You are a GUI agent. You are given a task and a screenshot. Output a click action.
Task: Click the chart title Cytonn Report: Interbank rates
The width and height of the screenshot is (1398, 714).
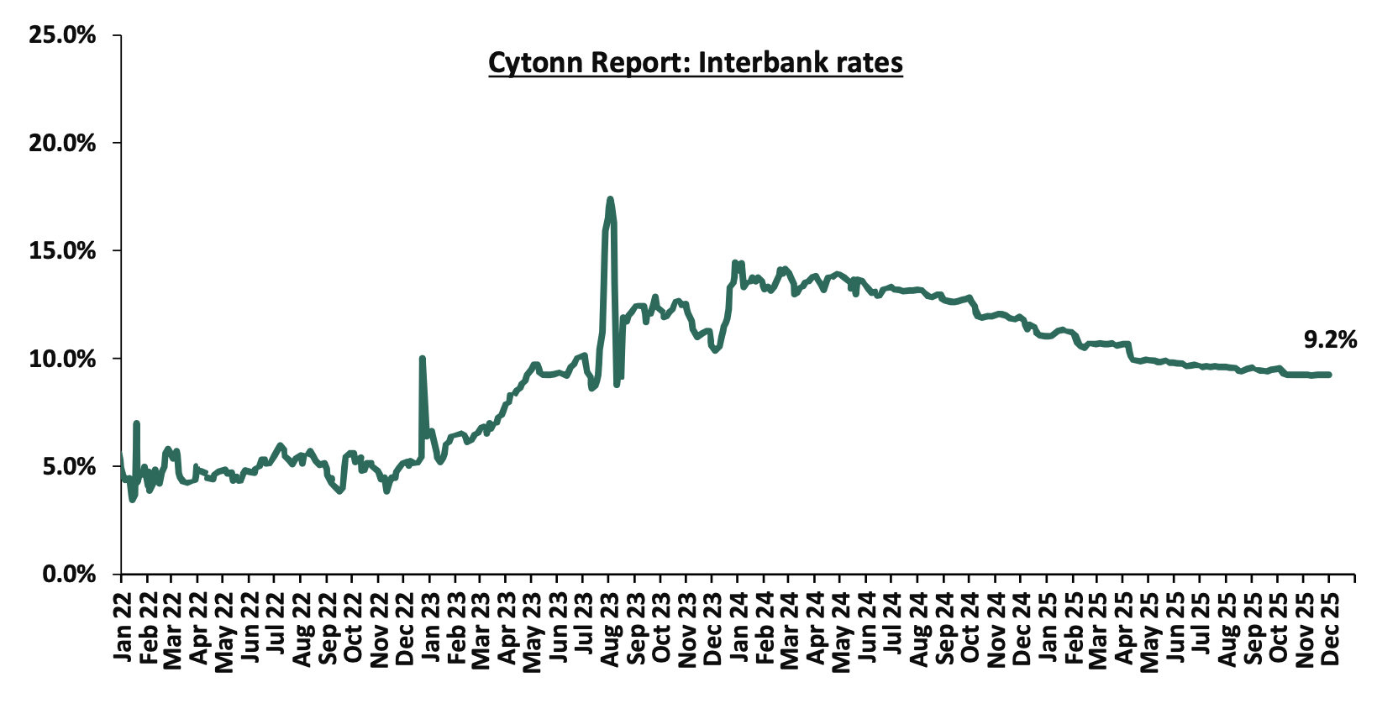[x=695, y=63]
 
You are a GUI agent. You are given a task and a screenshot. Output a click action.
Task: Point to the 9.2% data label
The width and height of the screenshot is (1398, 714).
[x=1330, y=339]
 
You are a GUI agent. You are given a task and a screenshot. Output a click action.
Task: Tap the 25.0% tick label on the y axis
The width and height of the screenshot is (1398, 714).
[x=62, y=35]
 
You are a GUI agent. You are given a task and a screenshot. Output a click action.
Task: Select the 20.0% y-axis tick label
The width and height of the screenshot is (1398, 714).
[x=62, y=143]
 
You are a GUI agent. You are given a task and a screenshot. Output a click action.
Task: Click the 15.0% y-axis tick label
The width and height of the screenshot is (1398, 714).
[x=62, y=251]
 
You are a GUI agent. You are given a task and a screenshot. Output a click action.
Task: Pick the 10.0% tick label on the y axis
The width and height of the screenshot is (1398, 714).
[x=62, y=359]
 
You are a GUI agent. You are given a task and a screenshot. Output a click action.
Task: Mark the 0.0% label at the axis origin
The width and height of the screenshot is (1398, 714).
[x=68, y=574]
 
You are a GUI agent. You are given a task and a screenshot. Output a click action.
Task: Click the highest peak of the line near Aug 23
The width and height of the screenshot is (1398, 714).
[x=610, y=199]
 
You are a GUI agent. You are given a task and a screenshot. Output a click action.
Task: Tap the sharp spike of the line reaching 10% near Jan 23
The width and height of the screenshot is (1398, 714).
[x=422, y=359]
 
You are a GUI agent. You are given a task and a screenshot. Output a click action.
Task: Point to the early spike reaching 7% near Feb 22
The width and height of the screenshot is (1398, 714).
[x=136, y=423]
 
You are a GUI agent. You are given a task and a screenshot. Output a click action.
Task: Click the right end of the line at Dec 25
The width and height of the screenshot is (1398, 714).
[x=1328, y=375]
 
